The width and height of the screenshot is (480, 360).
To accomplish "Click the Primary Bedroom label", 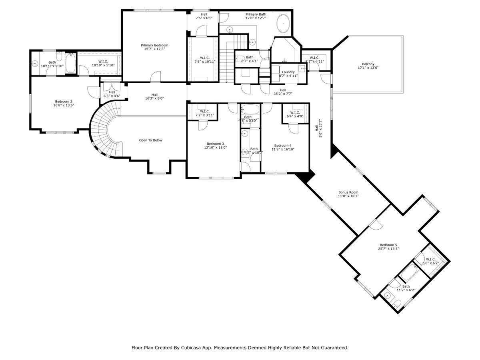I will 154,45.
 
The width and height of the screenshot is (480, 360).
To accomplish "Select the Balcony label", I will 368,64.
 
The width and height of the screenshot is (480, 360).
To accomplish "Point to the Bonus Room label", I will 348,192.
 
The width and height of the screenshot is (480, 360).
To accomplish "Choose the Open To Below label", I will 150,140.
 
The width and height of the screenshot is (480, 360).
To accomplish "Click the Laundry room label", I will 288,72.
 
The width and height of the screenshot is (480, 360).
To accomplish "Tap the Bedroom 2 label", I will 64,102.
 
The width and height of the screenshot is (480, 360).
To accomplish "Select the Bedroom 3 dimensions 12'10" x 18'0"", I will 215,148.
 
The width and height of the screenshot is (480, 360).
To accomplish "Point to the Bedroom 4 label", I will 283,146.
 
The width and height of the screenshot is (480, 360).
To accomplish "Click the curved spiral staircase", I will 104,128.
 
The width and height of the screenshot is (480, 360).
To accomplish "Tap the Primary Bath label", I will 256,14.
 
